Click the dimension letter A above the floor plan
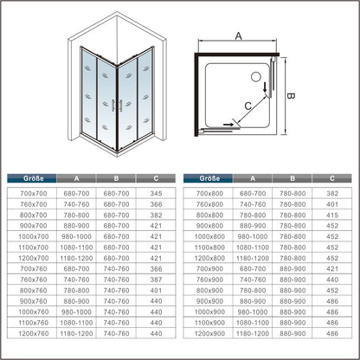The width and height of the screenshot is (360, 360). pos(238,36)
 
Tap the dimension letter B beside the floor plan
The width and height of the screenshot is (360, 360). pos(291,96)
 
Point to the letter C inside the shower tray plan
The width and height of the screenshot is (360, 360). pos(248,106)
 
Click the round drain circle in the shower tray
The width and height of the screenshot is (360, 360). pos(256,77)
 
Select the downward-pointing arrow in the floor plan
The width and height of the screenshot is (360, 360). pos(265,87)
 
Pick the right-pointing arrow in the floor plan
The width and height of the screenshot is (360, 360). pos(228,125)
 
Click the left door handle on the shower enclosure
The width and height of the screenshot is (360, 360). pos(113,106)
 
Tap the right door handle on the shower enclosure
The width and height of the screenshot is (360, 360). pos(121,106)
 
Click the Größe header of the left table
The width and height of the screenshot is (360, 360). pos(34,178)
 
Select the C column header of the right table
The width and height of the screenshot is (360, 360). pos(332,178)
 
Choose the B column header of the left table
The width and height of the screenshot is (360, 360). pos(116,178)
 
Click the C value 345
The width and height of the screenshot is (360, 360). pos(156,193)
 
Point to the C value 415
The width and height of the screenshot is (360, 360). pos(332,215)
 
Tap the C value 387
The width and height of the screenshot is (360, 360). pos(156,280)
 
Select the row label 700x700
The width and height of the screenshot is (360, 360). pos(34,193)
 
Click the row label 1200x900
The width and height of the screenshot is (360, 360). pos(209,333)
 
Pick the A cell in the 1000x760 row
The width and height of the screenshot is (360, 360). pos(76,312)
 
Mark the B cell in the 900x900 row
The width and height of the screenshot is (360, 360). pos(292,301)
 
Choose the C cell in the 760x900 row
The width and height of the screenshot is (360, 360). pos(332,280)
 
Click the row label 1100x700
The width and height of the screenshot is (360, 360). pos(34,247)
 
